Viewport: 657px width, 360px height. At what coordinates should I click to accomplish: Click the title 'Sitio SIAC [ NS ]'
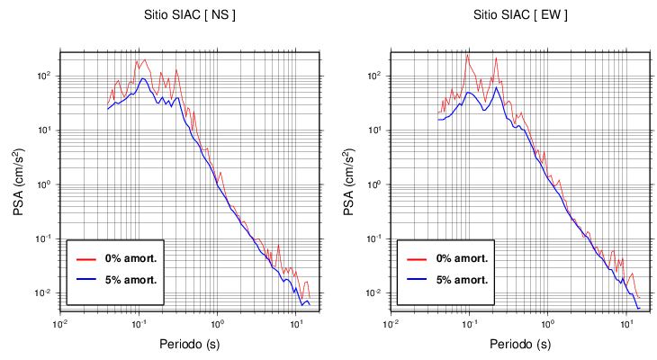click(x=190, y=15)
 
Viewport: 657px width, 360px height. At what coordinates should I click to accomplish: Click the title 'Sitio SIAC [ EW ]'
click(x=520, y=15)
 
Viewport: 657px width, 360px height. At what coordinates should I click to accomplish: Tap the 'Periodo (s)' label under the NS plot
click(x=190, y=344)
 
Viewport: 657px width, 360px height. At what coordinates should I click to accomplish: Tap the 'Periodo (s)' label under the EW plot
click(x=520, y=344)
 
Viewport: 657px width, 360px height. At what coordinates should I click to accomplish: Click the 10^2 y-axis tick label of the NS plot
click(x=49, y=76)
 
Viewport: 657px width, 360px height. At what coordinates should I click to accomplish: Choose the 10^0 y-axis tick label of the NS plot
click(x=49, y=184)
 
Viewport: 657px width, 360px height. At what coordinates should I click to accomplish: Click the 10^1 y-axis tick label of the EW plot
click(x=379, y=130)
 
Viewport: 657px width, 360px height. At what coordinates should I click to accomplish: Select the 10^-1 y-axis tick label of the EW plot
click(x=378, y=238)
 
